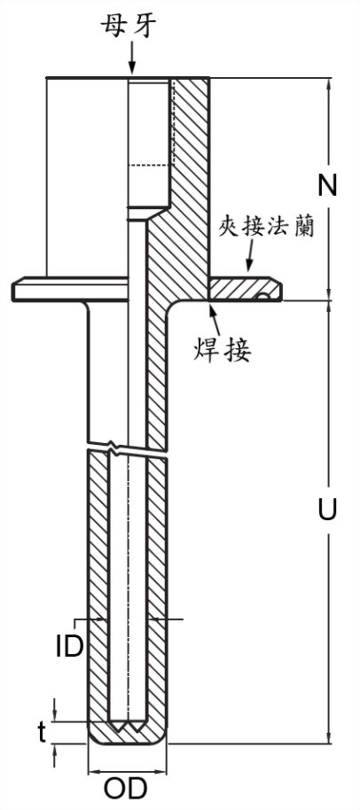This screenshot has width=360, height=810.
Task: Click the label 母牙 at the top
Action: [128, 26]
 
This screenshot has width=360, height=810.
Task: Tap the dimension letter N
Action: [327, 185]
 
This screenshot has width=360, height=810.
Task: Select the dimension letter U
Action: [327, 509]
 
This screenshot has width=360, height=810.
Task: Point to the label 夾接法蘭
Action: [266, 226]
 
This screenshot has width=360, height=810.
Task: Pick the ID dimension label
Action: [69, 646]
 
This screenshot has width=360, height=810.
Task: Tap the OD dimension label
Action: [126, 790]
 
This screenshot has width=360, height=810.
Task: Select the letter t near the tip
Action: [43, 732]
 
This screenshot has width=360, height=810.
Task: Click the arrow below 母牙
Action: [132, 58]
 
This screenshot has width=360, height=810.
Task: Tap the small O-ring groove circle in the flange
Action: [264, 296]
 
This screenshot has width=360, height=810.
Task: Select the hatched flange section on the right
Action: [245, 289]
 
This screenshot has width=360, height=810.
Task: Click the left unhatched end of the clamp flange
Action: [70, 289]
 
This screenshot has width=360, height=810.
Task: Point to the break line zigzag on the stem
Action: [128, 447]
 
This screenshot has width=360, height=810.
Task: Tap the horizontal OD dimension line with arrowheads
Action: [127, 772]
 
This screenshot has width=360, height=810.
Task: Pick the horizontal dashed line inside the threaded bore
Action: [149, 166]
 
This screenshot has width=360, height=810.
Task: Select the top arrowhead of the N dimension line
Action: [327, 83]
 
